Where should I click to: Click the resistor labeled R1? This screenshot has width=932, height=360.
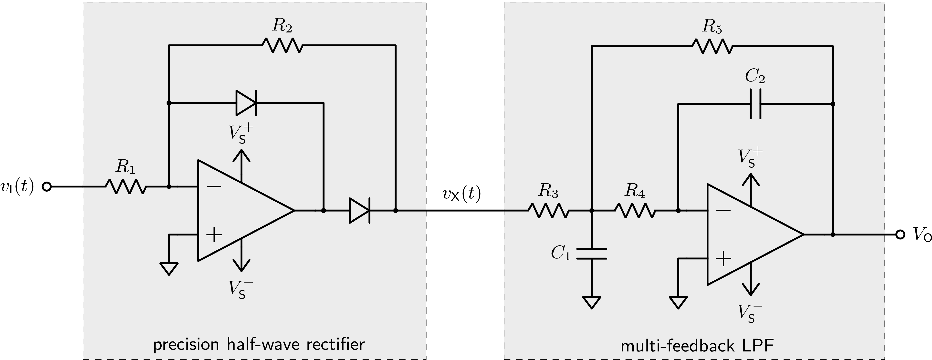(x=126, y=187)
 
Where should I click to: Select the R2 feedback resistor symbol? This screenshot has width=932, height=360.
(x=282, y=46)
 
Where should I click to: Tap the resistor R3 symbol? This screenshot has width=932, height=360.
(x=548, y=210)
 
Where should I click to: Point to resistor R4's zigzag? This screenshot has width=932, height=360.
(x=635, y=210)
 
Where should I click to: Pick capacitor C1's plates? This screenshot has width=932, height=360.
(x=592, y=254)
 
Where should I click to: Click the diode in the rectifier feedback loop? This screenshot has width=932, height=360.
(x=246, y=103)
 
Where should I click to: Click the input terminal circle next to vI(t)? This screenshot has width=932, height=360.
(x=47, y=187)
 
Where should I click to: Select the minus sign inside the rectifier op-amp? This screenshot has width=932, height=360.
(x=214, y=187)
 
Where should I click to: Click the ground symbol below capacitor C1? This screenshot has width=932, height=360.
(x=592, y=302)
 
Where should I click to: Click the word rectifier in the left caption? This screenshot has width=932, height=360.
(x=335, y=344)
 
